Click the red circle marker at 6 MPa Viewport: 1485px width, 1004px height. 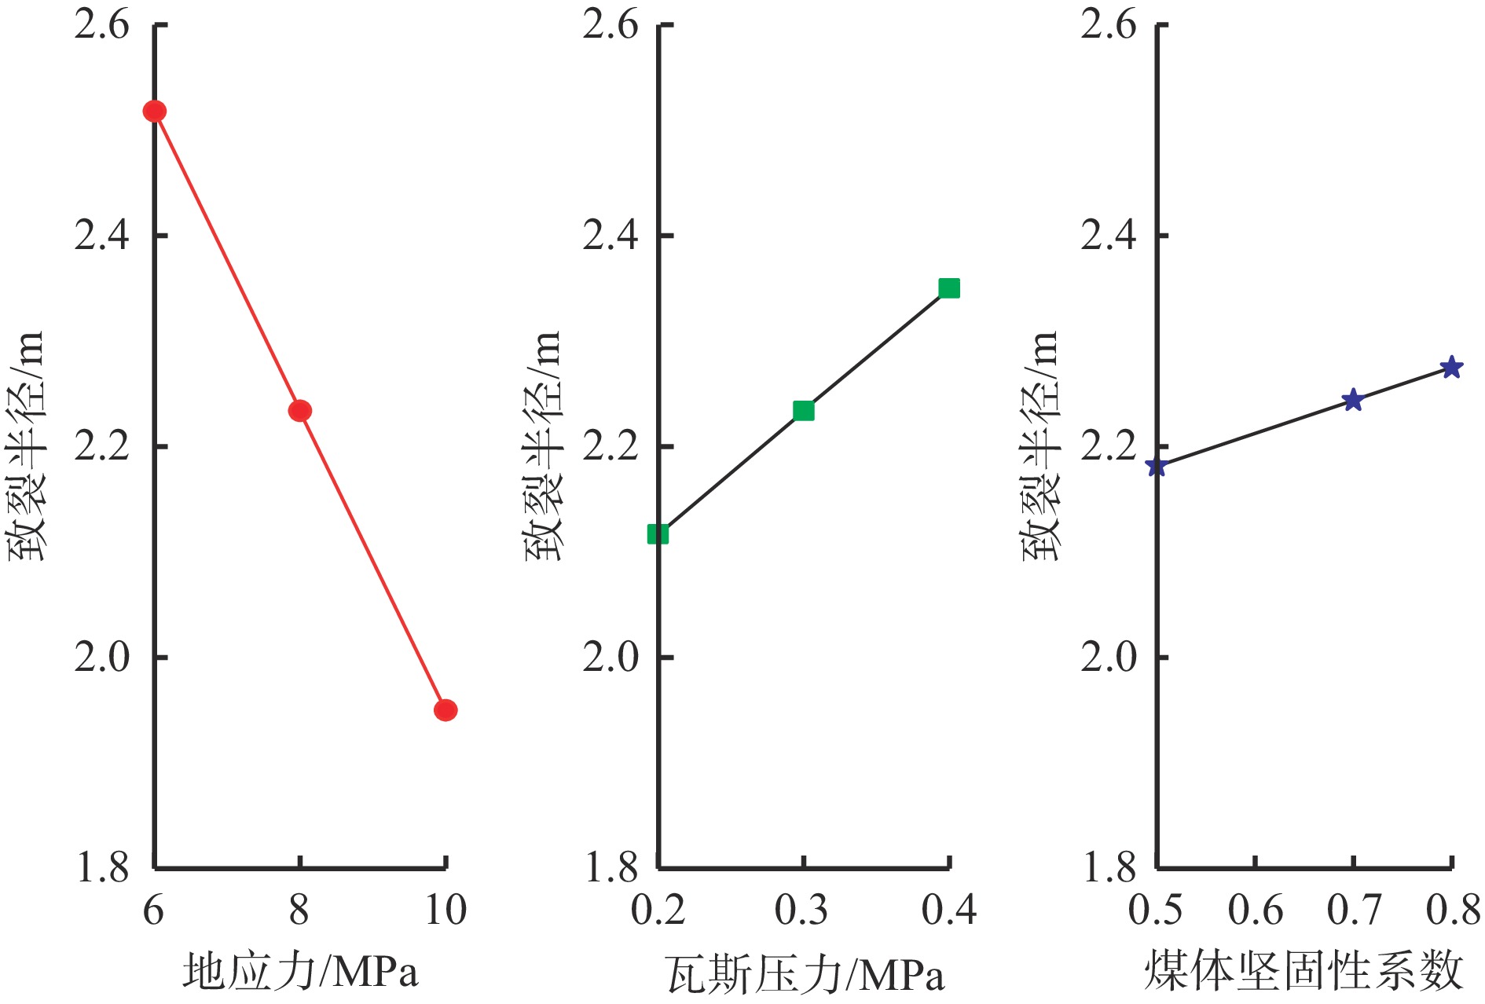pyautogui.click(x=154, y=112)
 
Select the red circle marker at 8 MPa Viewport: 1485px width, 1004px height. pyautogui.click(x=299, y=411)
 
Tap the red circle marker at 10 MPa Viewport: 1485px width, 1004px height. pyautogui.click(x=445, y=710)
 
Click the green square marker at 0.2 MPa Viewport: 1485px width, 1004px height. pyautogui.click(x=658, y=534)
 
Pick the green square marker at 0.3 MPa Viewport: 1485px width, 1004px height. pyautogui.click(x=803, y=411)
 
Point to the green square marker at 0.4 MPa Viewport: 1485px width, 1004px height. pyautogui.click(x=949, y=288)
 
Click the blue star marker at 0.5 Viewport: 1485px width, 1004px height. pyautogui.click(x=1156, y=467)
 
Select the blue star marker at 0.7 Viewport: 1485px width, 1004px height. pyautogui.click(x=1352, y=401)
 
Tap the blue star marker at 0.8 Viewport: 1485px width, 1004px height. pyautogui.click(x=1451, y=367)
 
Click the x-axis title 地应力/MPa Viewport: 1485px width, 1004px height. pyautogui.click(x=301, y=971)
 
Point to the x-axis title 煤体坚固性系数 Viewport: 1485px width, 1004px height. pyautogui.click(x=1303, y=971)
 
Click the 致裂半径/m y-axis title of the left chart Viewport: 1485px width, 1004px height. pyautogui.click(x=27, y=445)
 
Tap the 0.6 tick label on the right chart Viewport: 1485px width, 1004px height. pyautogui.click(x=1255, y=911)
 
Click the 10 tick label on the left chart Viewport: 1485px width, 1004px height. pyautogui.click(x=445, y=911)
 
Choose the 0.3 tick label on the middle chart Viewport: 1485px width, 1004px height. pyautogui.click(x=801, y=911)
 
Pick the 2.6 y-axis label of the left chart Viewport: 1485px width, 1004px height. pyautogui.click(x=101, y=25)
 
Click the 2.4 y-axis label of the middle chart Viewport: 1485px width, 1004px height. pyautogui.click(x=610, y=236)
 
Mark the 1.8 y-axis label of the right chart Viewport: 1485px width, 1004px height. pyautogui.click(x=1109, y=868)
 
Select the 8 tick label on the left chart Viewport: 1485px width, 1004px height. pyautogui.click(x=299, y=911)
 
